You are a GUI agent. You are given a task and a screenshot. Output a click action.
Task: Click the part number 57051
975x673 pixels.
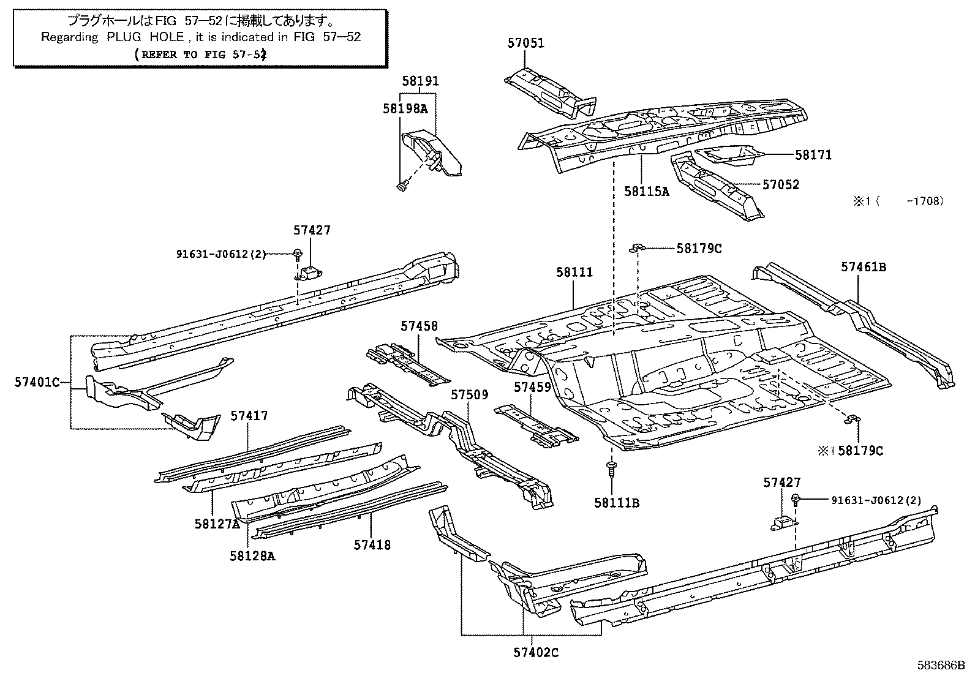point(525,43)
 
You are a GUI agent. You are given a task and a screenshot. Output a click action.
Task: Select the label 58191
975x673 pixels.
point(420,81)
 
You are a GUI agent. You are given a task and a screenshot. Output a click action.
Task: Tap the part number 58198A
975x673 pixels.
point(405,109)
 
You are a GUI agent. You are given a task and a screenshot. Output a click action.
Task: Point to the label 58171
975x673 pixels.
point(813,156)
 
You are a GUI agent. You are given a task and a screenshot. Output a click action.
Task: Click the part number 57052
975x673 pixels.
point(781,185)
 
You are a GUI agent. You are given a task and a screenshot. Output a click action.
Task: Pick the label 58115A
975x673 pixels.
point(647,191)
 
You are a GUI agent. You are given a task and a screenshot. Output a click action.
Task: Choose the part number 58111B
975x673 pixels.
point(617,503)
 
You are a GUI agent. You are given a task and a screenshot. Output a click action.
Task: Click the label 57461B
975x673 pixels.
point(864,267)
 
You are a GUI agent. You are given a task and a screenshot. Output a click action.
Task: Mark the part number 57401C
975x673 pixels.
point(37,383)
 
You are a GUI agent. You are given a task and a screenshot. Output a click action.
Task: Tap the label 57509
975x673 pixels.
point(470,396)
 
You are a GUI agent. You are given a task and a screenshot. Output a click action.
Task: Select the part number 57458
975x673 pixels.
point(420,326)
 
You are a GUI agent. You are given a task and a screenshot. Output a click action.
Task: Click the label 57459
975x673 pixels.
point(532,387)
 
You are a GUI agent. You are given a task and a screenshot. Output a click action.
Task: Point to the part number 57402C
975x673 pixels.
point(536,653)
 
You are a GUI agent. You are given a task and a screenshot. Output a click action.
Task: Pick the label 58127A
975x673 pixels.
point(216,524)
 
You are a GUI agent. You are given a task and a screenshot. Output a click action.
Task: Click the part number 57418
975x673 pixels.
point(372,544)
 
